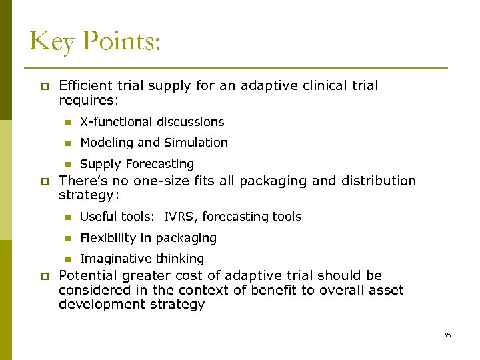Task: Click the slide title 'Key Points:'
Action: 95,41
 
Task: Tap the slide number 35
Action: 447,335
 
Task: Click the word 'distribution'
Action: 377,181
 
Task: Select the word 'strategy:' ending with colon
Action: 88,195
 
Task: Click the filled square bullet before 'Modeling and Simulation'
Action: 67,143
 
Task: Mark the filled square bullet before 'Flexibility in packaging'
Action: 67,239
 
